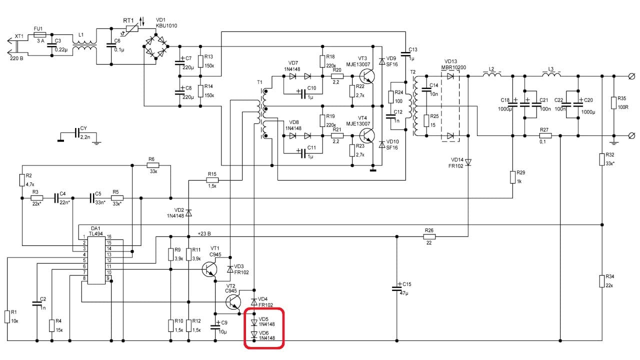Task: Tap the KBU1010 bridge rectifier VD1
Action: (155, 47)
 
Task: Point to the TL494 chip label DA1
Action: (95, 228)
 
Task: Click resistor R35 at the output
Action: (614, 102)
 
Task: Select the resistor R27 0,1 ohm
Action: (545, 135)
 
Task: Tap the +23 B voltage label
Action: (204, 233)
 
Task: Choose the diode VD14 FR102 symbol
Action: (468, 162)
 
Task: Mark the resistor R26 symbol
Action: (429, 236)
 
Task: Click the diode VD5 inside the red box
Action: (254, 322)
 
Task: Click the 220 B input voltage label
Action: (16, 58)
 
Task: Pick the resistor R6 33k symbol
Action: (152, 165)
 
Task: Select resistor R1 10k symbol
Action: (7, 316)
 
